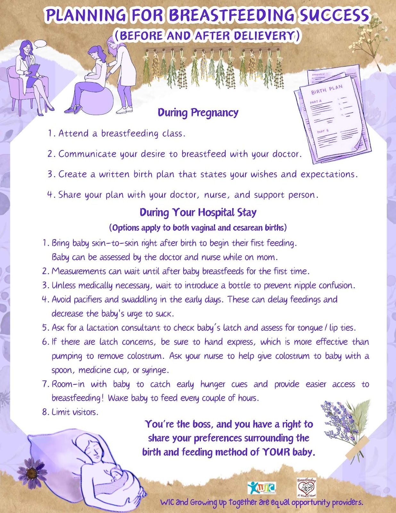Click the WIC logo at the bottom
261,488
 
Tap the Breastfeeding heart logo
306,487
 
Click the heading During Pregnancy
198,113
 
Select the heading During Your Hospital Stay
198,213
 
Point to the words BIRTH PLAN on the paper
327,89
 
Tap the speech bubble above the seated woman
40,44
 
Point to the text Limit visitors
75,412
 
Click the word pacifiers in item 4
88,300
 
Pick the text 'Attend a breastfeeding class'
121,133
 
